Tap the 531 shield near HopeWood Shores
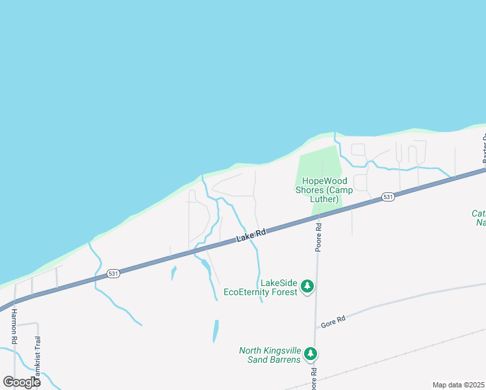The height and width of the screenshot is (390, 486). coord(388,196)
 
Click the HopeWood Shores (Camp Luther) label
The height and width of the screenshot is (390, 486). coord(322,185)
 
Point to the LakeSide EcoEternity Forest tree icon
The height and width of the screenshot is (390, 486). coord(307,286)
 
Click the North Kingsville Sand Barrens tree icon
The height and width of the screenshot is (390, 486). coord(311,354)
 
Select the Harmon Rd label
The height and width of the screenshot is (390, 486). coord(13,326)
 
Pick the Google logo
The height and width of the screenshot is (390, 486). coord(21,382)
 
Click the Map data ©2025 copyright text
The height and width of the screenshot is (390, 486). coord(458,385)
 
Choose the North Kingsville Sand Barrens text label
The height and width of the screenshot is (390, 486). coord(270,355)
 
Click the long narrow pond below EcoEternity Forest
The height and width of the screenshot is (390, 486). coord(215,331)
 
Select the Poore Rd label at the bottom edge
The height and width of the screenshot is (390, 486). coord(313,377)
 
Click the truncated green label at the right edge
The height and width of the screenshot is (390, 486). coord(480,218)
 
